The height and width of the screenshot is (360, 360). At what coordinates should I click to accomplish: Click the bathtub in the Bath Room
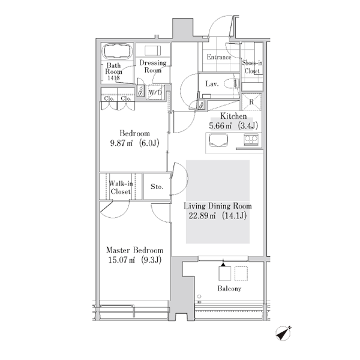[x=118, y=52]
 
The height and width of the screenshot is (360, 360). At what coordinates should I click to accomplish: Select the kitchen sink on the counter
[x=218, y=140]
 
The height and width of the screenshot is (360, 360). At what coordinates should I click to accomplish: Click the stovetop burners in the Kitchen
[x=251, y=139]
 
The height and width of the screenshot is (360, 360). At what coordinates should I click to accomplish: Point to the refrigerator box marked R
[x=251, y=102]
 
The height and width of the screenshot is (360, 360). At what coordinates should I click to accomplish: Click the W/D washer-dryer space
[x=155, y=92]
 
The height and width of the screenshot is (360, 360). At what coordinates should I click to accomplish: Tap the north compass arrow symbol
[x=284, y=333]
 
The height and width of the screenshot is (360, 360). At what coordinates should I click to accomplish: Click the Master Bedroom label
[x=134, y=250]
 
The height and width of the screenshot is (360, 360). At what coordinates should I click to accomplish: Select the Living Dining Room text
[x=218, y=206]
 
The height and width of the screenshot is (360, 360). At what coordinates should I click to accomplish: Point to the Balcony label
[x=229, y=289]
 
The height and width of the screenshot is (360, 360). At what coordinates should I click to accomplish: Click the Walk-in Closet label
[x=121, y=188]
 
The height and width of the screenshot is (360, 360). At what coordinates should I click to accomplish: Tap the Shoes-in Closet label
[x=252, y=67]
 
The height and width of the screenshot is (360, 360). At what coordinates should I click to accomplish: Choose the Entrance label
[x=219, y=57]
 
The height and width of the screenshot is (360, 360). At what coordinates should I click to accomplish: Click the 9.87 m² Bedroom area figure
[x=121, y=143]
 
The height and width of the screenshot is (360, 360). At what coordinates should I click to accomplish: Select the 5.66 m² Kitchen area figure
[x=220, y=126]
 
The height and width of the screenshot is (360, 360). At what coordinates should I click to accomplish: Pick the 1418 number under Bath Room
[x=113, y=78]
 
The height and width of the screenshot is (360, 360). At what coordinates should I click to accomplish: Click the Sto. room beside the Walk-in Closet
[x=157, y=187]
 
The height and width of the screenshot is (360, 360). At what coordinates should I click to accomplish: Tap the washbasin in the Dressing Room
[x=152, y=50]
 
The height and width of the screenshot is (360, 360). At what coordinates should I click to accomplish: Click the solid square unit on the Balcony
[x=225, y=274]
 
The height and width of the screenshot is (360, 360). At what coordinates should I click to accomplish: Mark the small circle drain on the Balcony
[x=199, y=296]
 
